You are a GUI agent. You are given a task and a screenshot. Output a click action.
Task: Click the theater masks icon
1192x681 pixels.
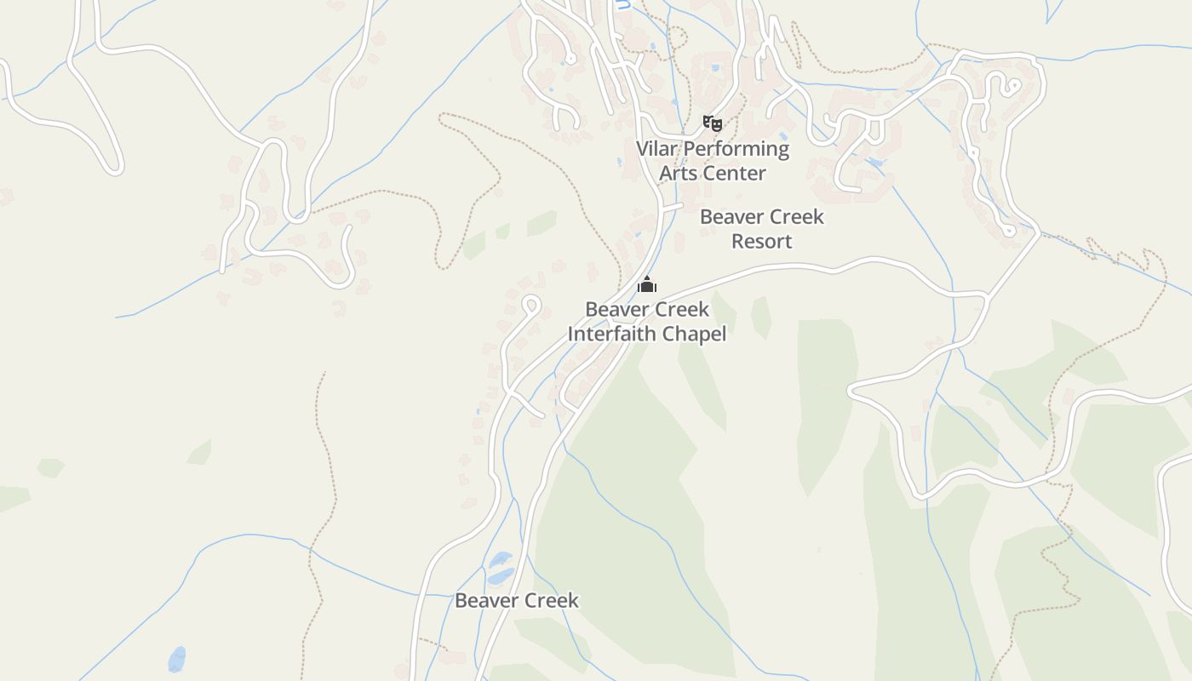coord(712,123)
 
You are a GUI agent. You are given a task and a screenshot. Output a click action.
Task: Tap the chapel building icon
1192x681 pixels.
coord(647,284)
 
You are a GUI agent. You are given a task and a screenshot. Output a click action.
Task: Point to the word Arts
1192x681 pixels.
coord(678,173)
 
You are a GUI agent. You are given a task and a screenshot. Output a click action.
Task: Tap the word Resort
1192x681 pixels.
coord(761,241)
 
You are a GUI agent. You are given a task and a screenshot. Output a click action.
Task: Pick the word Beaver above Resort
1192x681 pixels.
coord(731,217)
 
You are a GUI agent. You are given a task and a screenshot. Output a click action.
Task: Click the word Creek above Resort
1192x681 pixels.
coord(795,217)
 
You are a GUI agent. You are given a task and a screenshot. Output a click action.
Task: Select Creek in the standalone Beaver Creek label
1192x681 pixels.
coord(550,600)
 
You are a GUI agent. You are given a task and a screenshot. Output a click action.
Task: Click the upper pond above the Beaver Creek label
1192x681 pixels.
coord(501,559)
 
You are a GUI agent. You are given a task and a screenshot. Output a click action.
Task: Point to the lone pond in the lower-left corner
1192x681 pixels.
coord(176,658)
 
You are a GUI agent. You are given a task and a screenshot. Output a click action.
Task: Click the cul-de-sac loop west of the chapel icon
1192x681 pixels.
coord(531,305)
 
